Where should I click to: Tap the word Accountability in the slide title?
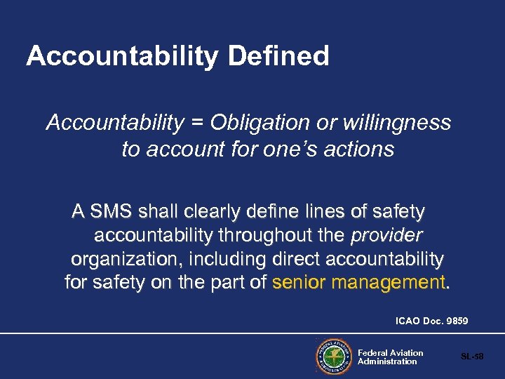point(121,56)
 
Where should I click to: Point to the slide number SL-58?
point(472,357)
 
